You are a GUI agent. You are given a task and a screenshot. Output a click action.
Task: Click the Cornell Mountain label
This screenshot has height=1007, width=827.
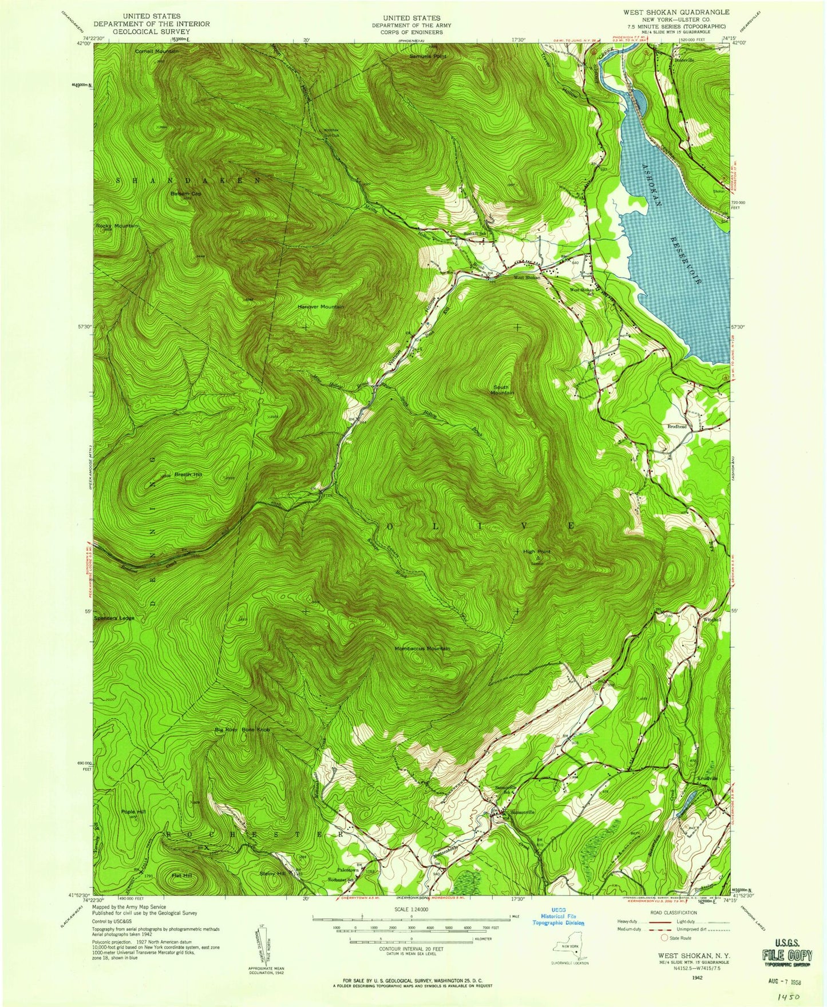click(157, 51)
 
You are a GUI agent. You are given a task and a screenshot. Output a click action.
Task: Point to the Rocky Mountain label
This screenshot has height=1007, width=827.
click(117, 227)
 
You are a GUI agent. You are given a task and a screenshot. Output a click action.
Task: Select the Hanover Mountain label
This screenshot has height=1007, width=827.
click(320, 307)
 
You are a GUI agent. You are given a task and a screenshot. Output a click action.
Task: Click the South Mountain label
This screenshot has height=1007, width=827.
click(504, 390)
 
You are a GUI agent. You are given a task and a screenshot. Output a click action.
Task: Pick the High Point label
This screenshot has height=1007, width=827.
click(537, 552)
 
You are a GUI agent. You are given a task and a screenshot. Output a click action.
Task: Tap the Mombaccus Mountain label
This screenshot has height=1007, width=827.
click(422, 648)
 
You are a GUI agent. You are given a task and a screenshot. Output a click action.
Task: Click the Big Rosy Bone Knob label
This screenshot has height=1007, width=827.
click(242, 731)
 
